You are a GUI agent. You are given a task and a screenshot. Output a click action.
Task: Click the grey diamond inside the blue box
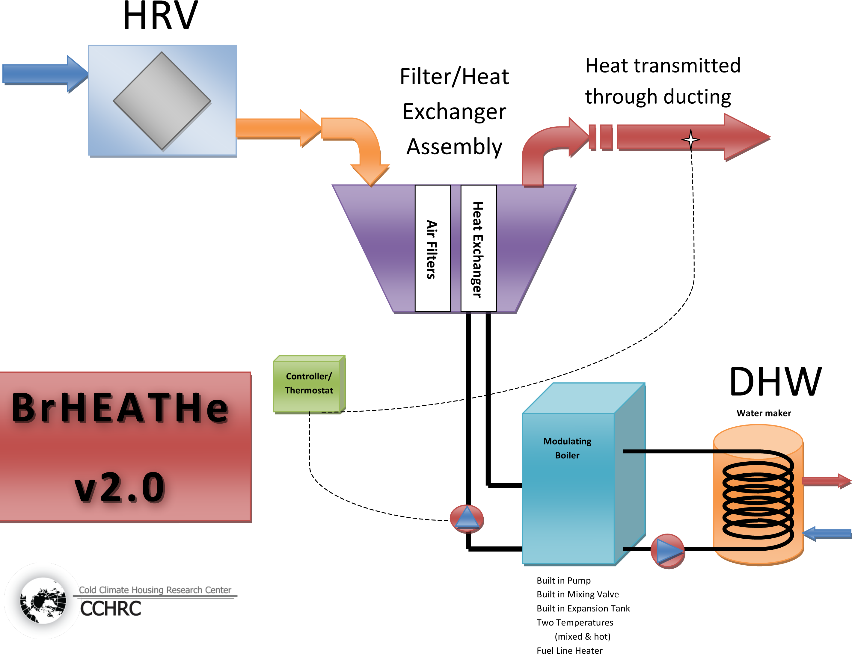point(162,101)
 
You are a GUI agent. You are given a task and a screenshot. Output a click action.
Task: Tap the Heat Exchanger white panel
point(478,248)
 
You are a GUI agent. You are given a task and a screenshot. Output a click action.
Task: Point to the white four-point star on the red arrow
point(691,139)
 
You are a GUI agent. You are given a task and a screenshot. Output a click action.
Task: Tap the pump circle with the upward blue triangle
point(467,519)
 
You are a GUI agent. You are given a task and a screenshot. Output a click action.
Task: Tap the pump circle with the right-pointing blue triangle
point(667,551)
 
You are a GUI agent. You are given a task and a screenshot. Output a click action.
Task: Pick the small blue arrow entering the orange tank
point(827,534)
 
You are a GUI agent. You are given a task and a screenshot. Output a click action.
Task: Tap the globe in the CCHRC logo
point(43,601)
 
